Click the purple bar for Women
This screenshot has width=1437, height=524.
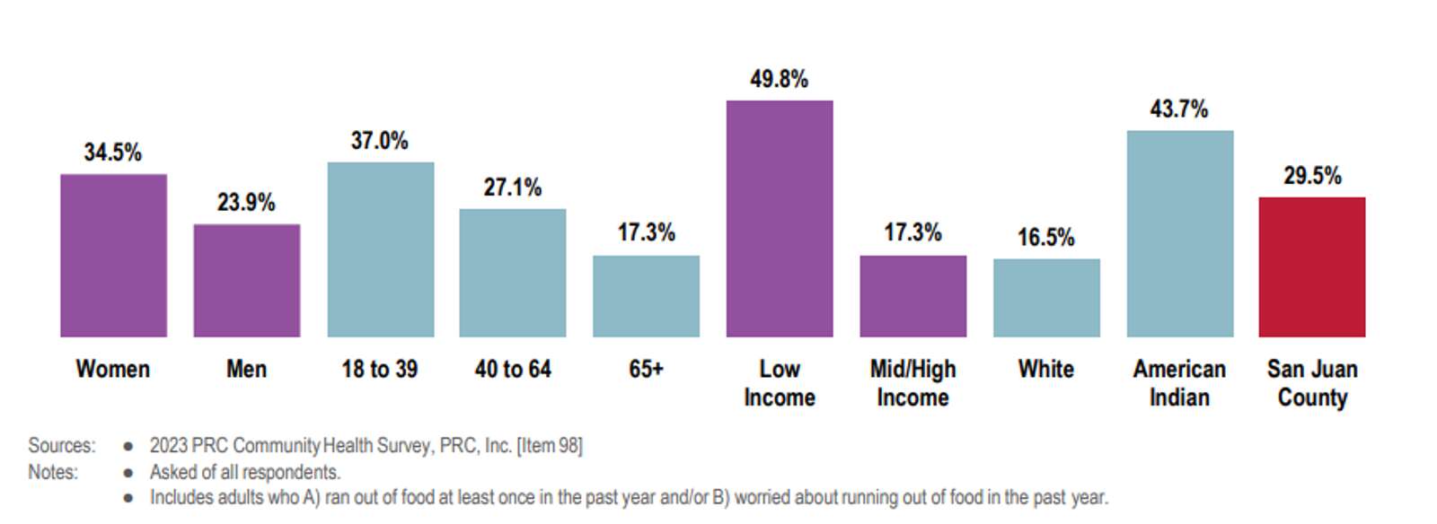tap(113, 256)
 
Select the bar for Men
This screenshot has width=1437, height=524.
tap(247, 281)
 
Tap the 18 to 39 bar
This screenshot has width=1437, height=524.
tap(381, 249)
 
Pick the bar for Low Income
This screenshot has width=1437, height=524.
tap(780, 219)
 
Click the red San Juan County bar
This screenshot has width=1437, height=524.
tap(1312, 267)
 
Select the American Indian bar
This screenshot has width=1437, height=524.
tap(1180, 234)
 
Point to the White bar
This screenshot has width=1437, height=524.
tap(1046, 298)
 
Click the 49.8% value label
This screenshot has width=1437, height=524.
tap(780, 80)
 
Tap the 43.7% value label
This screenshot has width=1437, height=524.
tap(1179, 109)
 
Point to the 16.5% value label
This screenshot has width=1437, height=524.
tap(1046, 238)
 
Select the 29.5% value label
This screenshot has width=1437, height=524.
tap(1312, 176)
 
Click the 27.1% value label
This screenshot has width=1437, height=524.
tap(513, 188)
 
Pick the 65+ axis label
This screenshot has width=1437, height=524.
tap(646, 369)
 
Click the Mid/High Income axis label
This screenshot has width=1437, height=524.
tap(912, 383)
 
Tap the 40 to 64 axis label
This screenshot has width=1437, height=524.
tap(513, 369)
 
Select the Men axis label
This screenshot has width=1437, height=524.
tap(246, 369)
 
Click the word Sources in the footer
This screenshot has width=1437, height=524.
tap(62, 445)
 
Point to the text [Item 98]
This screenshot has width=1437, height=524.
tap(550, 445)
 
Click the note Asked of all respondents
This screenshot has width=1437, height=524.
tap(245, 472)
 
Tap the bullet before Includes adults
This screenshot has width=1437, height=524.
tap(128, 498)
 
